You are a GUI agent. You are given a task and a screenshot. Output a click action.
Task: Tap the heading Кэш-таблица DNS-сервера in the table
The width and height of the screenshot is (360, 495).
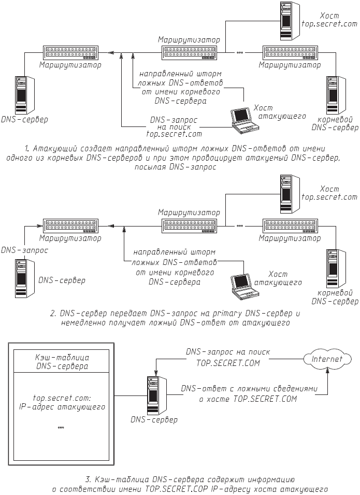(61, 362)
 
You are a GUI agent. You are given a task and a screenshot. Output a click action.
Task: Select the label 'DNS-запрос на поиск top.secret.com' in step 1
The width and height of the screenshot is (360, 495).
(174, 126)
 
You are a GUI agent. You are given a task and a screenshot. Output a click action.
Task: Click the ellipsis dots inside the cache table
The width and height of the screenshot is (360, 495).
(61, 428)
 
